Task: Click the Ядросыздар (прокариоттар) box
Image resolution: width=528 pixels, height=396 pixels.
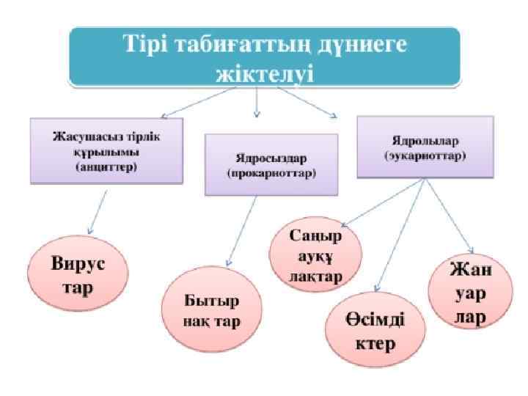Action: [271, 165]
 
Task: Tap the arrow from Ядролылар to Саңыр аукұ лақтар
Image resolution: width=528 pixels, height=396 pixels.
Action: [381, 205]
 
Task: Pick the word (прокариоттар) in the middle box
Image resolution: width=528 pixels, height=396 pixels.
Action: [271, 175]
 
